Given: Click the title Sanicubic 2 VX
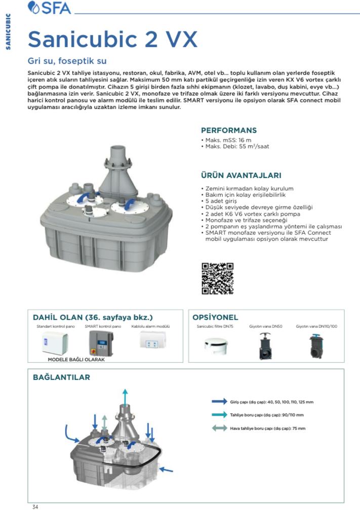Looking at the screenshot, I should [112, 39].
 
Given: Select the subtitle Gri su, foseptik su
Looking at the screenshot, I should [67, 61].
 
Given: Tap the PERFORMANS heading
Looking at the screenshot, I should [229, 130].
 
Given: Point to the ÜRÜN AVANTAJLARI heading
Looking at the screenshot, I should [241, 176].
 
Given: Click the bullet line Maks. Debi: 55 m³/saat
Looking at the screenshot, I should [236, 146].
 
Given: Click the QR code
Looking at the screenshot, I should [217, 278].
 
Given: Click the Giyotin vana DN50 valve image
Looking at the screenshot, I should [265, 345].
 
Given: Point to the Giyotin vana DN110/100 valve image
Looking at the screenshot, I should [316, 345].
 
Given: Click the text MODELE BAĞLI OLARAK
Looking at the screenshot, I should [76, 360].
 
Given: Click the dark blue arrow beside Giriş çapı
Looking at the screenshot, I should [219, 402].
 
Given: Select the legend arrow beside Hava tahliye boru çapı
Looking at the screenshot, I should [219, 428].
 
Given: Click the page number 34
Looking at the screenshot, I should [35, 507].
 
